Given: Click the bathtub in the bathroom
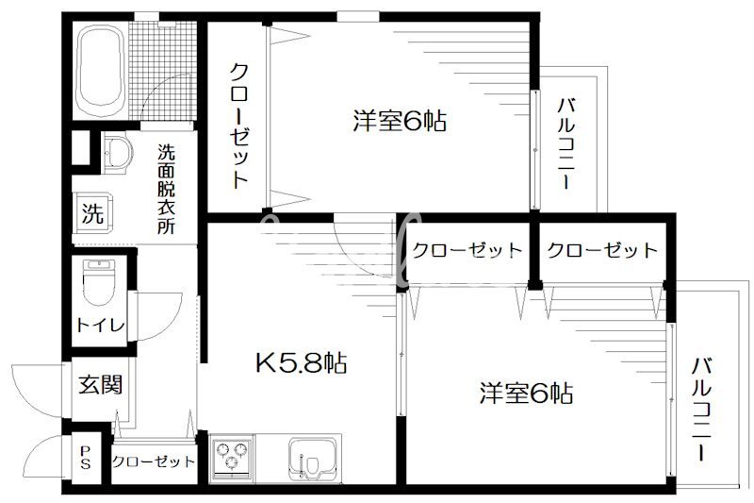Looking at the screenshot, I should [102, 68].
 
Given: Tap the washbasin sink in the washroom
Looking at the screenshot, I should [117, 154].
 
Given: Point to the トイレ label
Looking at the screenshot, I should [98, 326].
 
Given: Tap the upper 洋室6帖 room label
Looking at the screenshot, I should [399, 121].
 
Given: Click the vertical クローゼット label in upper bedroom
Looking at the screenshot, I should [239, 125].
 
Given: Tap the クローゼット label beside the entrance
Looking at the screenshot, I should [154, 462].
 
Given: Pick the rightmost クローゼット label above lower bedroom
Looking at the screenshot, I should [601, 250].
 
